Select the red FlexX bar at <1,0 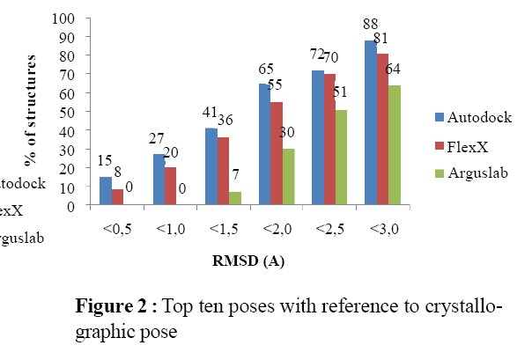click(171, 187)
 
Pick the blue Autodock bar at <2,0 click(262, 145)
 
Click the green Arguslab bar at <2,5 click(339, 158)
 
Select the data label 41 click(210, 112)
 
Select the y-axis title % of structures click(32, 112)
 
